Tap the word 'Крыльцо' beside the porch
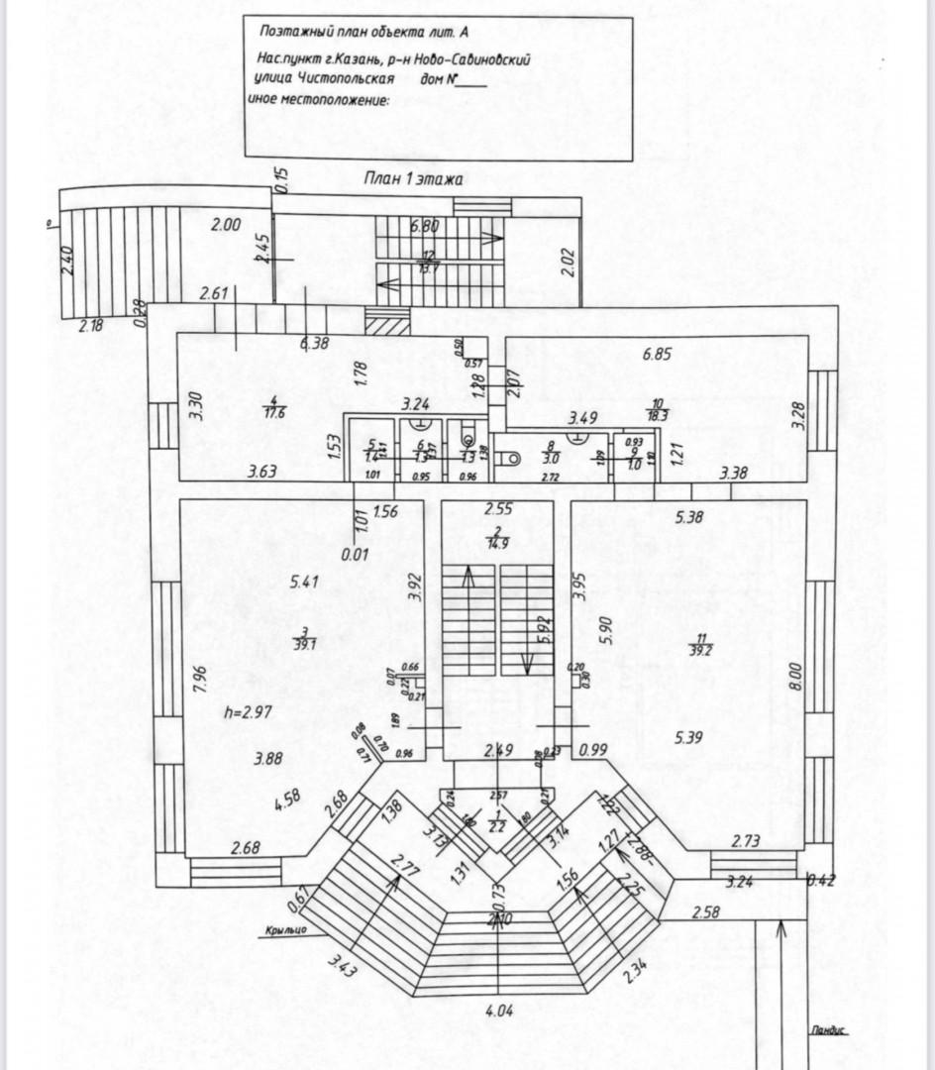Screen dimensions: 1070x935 [x=285, y=929]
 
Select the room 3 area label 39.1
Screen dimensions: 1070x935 [x=306, y=643]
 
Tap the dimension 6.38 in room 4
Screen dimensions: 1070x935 [x=315, y=343]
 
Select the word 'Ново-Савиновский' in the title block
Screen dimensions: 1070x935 [x=468, y=58]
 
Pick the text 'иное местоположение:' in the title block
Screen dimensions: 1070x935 [x=318, y=100]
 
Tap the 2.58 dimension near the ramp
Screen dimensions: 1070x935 [x=705, y=911]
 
